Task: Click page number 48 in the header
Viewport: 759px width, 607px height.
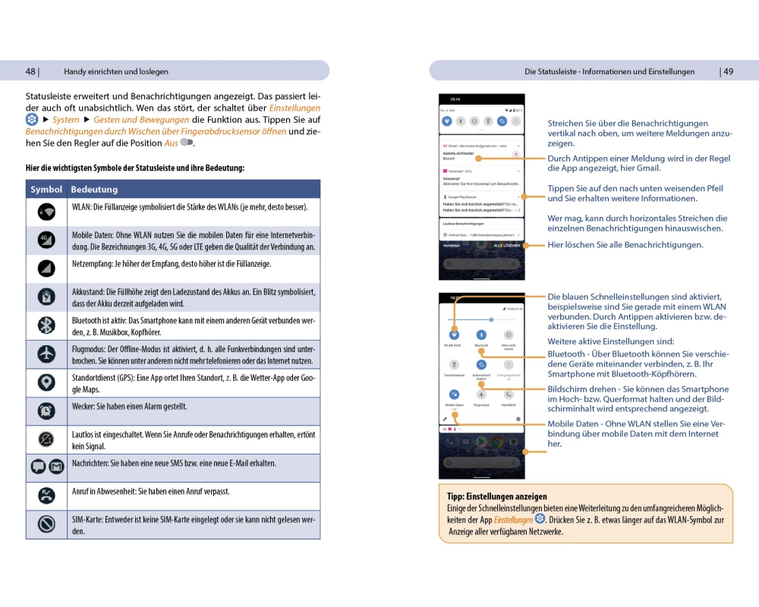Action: (x=30, y=71)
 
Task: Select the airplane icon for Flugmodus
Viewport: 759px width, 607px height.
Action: (x=46, y=354)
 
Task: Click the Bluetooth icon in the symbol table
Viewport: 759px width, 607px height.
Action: (x=46, y=326)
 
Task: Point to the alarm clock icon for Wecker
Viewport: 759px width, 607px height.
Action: (x=46, y=410)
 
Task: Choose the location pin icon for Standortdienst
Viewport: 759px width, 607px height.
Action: (x=46, y=382)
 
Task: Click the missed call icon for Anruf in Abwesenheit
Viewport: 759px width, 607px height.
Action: (x=46, y=496)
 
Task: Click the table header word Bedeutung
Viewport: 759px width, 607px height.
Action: (x=94, y=189)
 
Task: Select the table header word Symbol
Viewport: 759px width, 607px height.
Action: (x=46, y=189)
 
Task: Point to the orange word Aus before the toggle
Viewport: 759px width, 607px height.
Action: (x=171, y=143)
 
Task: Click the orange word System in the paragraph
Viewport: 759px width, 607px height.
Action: (x=66, y=120)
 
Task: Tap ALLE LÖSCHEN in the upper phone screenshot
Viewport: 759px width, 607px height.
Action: (x=507, y=246)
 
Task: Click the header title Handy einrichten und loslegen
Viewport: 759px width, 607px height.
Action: (x=116, y=71)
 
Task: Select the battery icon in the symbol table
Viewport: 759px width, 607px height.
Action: (x=46, y=297)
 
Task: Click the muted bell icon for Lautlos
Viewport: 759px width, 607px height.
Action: (x=46, y=439)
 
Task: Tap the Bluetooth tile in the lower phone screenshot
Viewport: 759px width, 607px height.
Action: (x=481, y=335)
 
